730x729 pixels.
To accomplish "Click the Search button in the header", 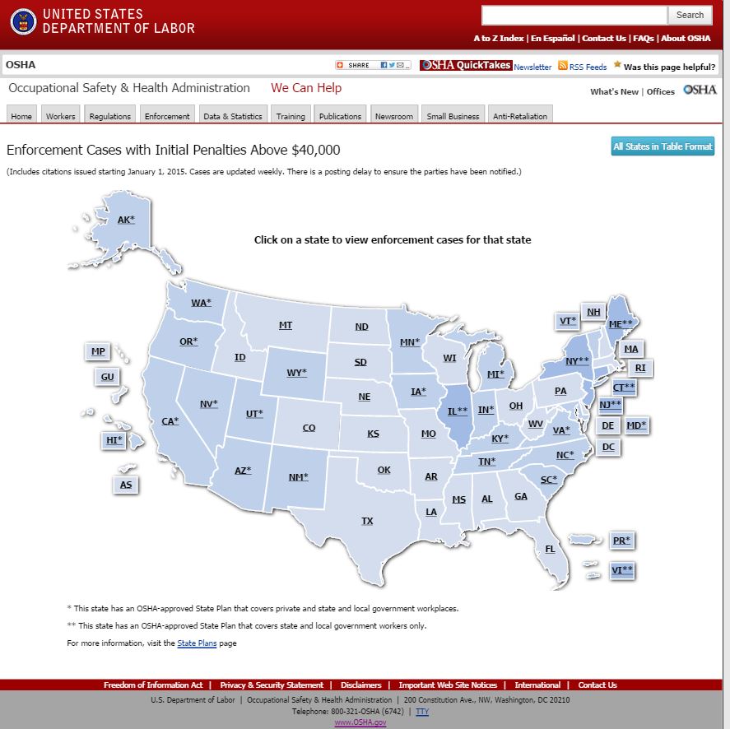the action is pyautogui.click(x=690, y=15).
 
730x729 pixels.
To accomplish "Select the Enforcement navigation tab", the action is pyautogui.click(x=167, y=116).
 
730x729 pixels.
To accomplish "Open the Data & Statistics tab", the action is pyautogui.click(x=233, y=116).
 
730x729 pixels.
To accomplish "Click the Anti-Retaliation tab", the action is pyautogui.click(x=519, y=116).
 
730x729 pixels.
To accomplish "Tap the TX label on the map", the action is pyautogui.click(x=367, y=521).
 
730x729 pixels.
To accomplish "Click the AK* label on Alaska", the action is pyautogui.click(x=126, y=220).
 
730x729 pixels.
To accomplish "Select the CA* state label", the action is pyautogui.click(x=170, y=421).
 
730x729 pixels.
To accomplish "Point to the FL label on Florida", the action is pyautogui.click(x=550, y=549).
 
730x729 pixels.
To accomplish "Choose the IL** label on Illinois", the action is pyautogui.click(x=458, y=411).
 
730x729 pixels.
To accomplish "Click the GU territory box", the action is pyautogui.click(x=107, y=377).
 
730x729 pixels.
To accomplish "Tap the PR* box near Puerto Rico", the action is pyautogui.click(x=621, y=541).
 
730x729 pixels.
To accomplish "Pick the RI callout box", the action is pyautogui.click(x=640, y=368).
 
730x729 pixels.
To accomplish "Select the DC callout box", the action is pyautogui.click(x=608, y=447).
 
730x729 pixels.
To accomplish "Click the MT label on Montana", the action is pyautogui.click(x=286, y=325).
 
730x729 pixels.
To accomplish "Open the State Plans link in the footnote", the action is pyautogui.click(x=197, y=643).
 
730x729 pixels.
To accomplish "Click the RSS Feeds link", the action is pyautogui.click(x=588, y=67).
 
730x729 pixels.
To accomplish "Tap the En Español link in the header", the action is pyautogui.click(x=553, y=38).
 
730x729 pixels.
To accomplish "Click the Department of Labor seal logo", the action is pyautogui.click(x=23, y=21).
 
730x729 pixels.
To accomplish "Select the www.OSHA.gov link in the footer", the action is pyautogui.click(x=360, y=722).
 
